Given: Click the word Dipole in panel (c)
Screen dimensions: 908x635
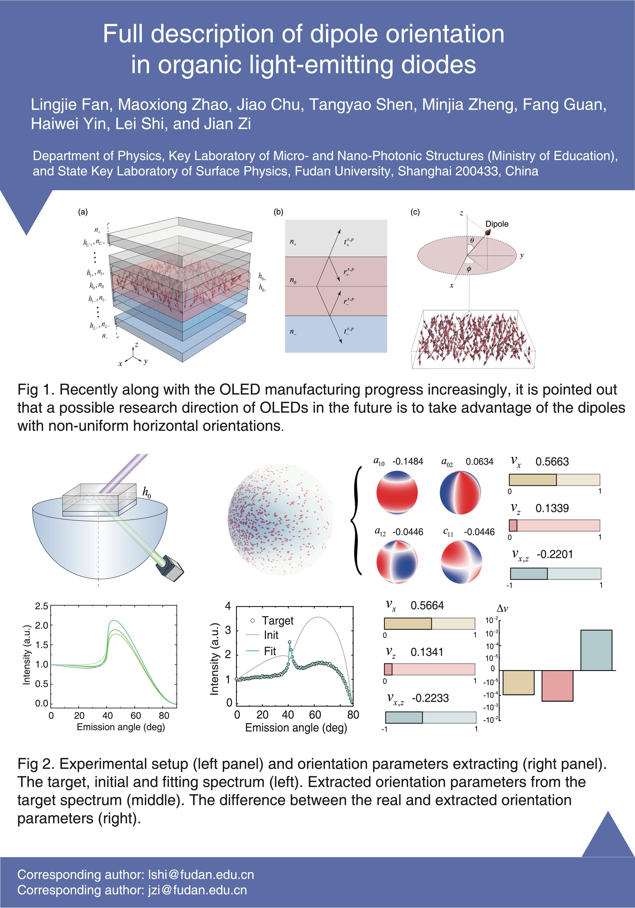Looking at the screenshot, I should point(497,224).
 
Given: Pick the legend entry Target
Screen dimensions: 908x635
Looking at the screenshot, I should point(277,620).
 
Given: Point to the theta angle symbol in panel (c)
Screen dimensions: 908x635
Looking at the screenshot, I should point(472,240).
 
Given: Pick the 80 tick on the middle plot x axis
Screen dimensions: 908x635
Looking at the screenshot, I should point(353,715).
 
